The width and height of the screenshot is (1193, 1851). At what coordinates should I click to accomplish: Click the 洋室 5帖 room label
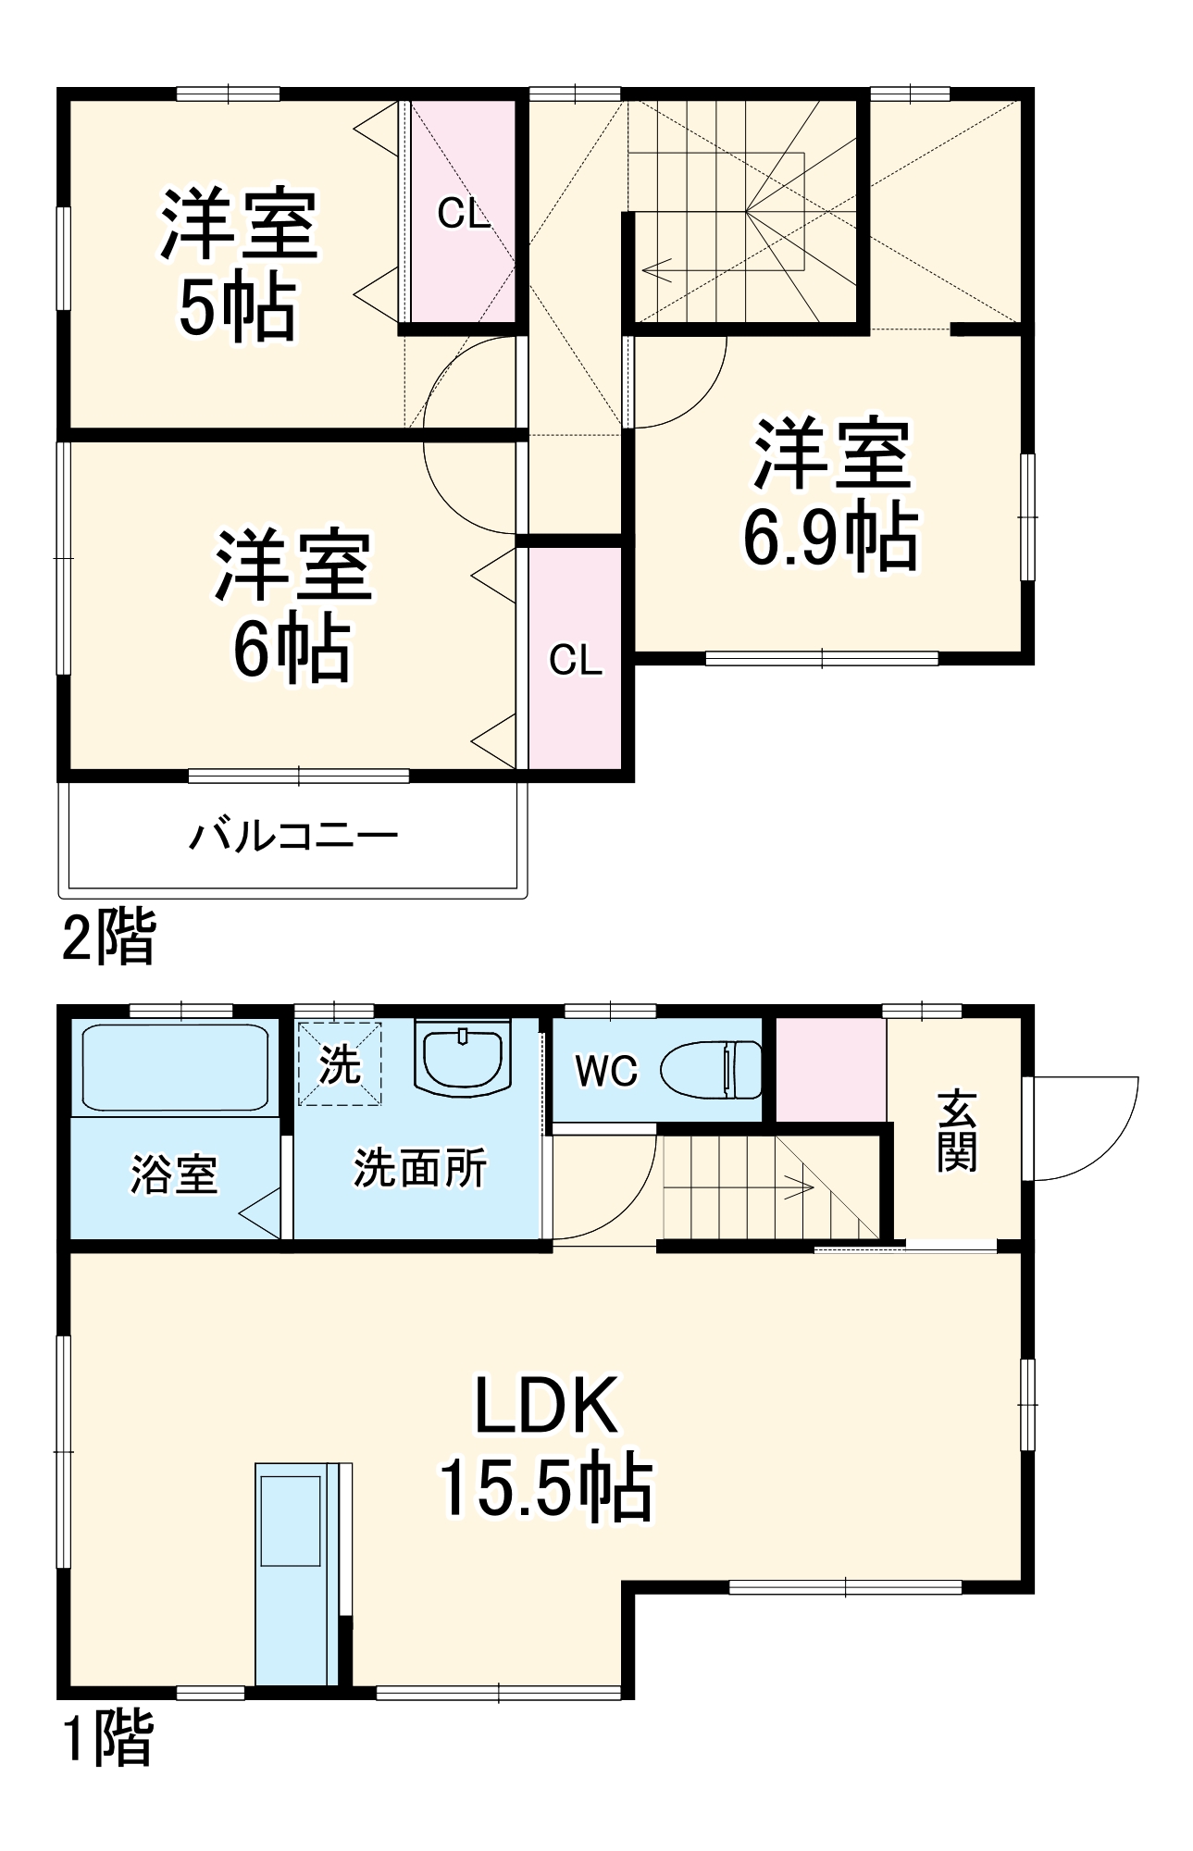[239, 265]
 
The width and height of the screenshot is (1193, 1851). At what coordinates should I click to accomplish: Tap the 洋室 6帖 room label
[292, 605]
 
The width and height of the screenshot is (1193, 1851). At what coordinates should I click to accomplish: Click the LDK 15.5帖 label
[546, 1446]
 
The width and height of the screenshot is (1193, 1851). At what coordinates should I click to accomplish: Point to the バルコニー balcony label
[293, 837]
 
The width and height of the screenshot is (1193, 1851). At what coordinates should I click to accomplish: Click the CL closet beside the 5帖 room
[463, 214]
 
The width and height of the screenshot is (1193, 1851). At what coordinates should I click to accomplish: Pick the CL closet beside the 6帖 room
[575, 660]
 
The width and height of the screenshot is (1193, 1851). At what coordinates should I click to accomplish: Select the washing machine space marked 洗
[340, 1064]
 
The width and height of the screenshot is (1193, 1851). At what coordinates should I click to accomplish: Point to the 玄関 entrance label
[956, 1131]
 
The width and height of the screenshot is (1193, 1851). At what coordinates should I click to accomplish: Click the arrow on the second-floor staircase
[659, 271]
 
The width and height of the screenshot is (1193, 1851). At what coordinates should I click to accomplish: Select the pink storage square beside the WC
[830, 1069]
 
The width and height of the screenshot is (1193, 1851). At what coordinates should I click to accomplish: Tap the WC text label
[606, 1071]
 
